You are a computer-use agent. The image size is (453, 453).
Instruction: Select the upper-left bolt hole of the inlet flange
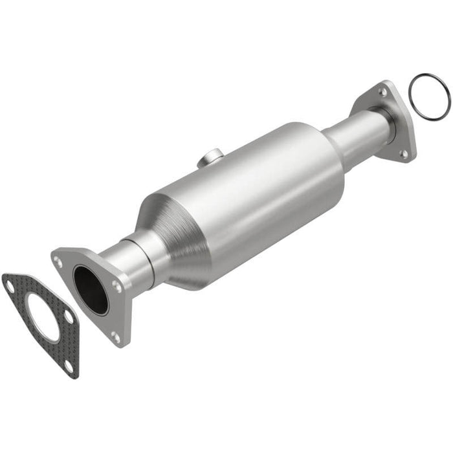click(x=59, y=261)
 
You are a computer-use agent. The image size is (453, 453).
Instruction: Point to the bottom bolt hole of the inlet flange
click(x=115, y=335)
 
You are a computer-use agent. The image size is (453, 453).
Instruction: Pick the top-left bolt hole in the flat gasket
click(x=10, y=282)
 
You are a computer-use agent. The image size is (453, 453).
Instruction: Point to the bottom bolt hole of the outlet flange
click(x=404, y=154)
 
